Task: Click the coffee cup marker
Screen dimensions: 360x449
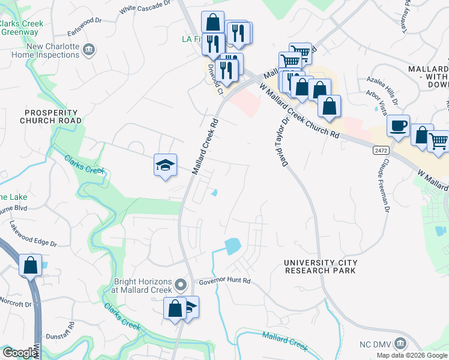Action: click(398, 126)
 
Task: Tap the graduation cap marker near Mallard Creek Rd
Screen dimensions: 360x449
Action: click(165, 165)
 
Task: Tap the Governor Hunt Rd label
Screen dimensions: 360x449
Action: click(224, 280)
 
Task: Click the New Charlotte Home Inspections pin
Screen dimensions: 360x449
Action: click(89, 49)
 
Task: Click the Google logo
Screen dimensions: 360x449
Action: click(19, 353)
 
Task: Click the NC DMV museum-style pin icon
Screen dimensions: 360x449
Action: click(400, 344)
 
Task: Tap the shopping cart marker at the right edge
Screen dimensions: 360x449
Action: click(439, 142)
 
